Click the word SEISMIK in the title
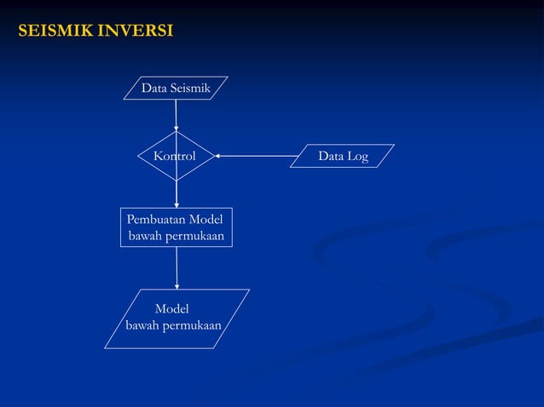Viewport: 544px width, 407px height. tap(56, 32)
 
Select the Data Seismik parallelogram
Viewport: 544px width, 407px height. tap(176, 88)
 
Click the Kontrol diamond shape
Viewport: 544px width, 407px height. tap(176, 156)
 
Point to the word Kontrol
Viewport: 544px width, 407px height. tap(174, 156)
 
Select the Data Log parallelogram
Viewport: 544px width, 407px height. tap(342, 156)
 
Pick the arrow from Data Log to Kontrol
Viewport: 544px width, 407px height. tap(256, 156)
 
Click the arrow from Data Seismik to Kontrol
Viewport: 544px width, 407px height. tap(176, 114)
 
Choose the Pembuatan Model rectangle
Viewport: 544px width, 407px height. tap(176, 227)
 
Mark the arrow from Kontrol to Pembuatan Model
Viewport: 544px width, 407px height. tap(177, 193)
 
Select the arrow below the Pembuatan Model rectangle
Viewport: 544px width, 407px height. tap(177, 267)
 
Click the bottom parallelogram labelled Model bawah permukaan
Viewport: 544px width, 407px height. tap(177, 318)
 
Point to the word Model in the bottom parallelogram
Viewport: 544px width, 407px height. tap(171, 309)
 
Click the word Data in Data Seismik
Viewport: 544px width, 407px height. tap(154, 88)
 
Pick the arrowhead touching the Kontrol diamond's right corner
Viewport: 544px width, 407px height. tap(217, 156)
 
